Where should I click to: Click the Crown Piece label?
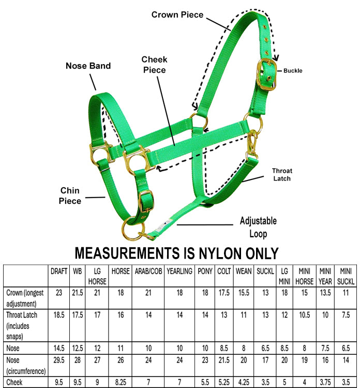click(177, 14)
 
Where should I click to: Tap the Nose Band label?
click(88, 66)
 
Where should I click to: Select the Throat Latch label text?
click(282, 174)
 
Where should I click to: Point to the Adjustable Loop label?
click(258, 227)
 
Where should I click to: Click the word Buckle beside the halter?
click(293, 71)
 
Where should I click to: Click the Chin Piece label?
click(70, 196)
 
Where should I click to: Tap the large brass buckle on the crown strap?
click(266, 74)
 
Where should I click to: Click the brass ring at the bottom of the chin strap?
click(133, 228)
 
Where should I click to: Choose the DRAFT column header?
click(59, 271)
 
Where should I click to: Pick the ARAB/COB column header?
click(148, 271)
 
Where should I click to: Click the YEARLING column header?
click(179, 271)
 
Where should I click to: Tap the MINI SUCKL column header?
click(346, 276)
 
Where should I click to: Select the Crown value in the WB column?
click(78, 293)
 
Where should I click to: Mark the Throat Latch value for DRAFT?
click(59, 315)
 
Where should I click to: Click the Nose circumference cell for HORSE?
click(121, 360)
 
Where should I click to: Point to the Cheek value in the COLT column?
click(224, 382)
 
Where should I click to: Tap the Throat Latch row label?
click(22, 325)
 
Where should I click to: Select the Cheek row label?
click(14, 382)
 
